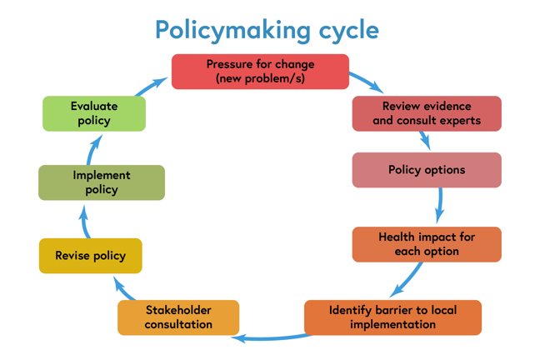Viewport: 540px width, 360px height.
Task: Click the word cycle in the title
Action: (341, 30)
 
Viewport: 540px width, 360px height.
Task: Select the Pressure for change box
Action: (260, 72)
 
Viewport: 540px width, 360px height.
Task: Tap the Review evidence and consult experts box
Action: (427, 113)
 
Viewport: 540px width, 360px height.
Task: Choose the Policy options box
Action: (427, 170)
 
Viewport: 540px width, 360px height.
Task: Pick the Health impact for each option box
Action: (427, 244)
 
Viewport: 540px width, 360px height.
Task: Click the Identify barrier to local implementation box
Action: (392, 317)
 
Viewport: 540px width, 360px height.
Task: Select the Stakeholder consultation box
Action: (178, 317)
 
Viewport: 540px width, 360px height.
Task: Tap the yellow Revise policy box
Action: (91, 256)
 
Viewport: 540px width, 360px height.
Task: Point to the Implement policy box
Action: (102, 182)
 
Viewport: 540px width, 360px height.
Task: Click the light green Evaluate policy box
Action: (94, 113)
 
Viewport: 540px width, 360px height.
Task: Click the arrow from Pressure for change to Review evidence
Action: (366, 82)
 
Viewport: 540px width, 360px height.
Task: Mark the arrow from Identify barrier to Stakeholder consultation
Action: (271, 337)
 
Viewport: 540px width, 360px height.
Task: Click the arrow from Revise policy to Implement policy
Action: (85, 221)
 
